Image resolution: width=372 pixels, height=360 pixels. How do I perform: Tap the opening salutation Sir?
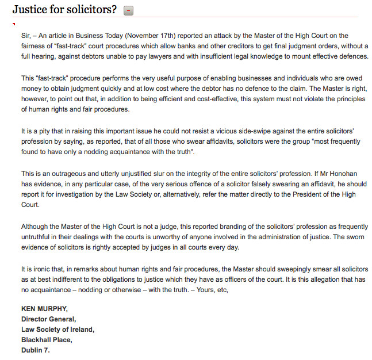click(26, 36)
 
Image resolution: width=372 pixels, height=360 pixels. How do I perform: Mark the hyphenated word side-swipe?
click(265, 131)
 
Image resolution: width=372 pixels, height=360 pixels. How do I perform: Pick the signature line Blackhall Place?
click(47, 339)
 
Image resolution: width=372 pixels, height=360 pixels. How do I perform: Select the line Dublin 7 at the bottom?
click(36, 350)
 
